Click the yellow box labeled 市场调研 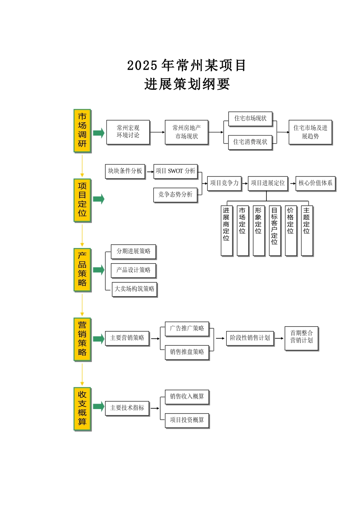coord(82,131)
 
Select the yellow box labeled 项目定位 coord(82,200)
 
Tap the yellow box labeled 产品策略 coord(82,270)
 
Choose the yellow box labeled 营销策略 coord(82,339)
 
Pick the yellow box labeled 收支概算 coord(82,409)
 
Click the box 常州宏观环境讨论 coord(128,132)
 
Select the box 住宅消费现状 coord(250,142)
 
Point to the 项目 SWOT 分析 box coord(175,171)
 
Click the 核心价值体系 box coord(315,183)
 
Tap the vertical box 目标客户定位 coord(274,231)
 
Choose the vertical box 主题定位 coord(307,231)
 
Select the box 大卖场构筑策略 coord(134,289)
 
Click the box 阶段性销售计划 coord(250,338)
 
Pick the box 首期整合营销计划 coord(301,338)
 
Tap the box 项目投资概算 coord(187,420)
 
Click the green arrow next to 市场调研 coord(99,133)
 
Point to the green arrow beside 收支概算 coord(99,407)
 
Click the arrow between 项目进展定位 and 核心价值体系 coord(293,183)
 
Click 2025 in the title coord(142,66)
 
